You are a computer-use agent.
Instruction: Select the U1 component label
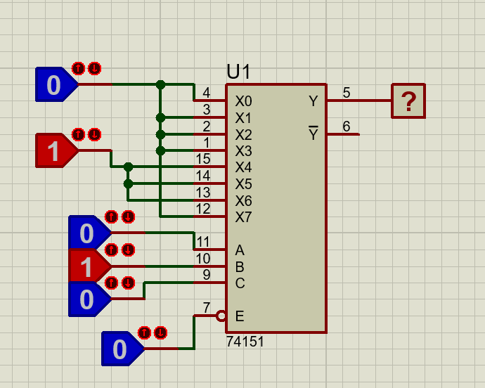point(239,72)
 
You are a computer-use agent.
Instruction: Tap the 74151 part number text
point(245,342)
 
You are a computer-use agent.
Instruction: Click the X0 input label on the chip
point(243,101)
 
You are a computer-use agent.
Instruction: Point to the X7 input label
point(243,217)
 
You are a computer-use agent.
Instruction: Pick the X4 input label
point(243,167)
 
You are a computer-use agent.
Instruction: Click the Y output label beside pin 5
point(313,101)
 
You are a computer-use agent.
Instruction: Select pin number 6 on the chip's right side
point(347,127)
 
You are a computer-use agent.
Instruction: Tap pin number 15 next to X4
point(202,160)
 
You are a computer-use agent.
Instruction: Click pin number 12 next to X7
point(202,209)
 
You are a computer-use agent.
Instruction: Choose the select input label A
point(240,250)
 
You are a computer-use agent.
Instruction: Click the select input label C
point(240,283)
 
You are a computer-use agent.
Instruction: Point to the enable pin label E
point(240,316)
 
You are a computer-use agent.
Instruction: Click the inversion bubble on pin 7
point(221,316)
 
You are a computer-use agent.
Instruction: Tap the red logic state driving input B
point(87,267)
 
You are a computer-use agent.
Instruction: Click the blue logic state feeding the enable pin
point(120,349)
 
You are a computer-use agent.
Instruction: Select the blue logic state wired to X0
point(54,84)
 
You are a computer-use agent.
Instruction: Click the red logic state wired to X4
point(54,150)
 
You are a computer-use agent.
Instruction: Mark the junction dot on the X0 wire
point(160,84)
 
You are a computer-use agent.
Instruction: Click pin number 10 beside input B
point(202,259)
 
